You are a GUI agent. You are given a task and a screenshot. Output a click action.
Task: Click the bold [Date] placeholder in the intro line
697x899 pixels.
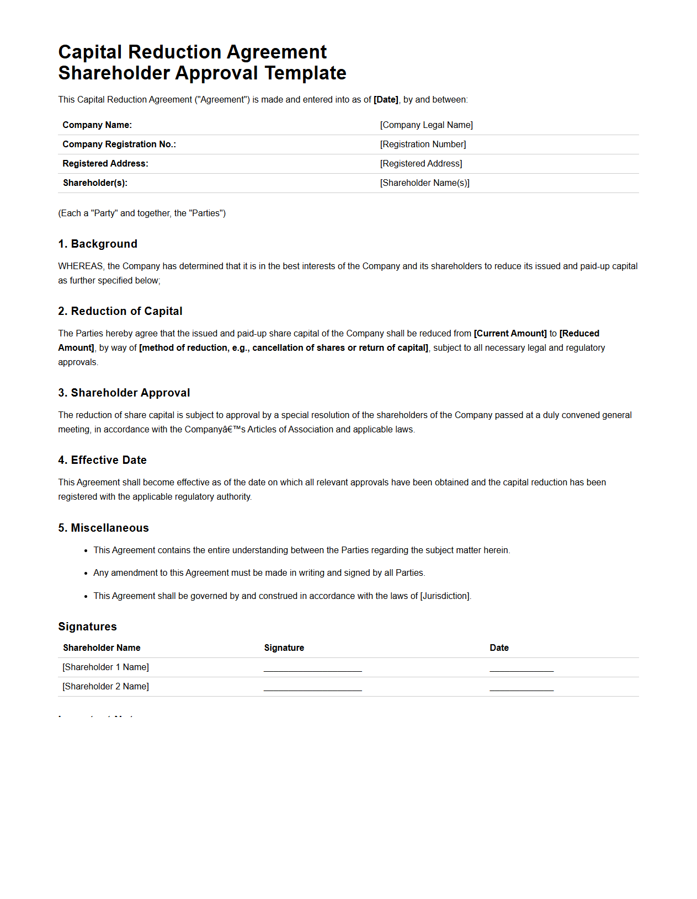click(x=386, y=100)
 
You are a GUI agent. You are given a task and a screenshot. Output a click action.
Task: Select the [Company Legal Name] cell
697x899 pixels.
click(x=426, y=125)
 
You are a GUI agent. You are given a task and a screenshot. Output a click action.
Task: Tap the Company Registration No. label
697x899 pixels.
click(x=119, y=145)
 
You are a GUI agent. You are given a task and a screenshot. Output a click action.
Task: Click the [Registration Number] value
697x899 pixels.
click(x=423, y=145)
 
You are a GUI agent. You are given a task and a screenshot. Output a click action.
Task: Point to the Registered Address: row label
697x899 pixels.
click(x=105, y=164)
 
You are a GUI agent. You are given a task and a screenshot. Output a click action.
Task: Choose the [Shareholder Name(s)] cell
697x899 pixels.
click(x=424, y=183)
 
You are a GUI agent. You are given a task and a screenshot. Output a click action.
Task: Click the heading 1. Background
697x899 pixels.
click(x=98, y=244)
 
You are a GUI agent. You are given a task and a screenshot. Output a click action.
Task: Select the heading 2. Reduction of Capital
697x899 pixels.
click(x=120, y=311)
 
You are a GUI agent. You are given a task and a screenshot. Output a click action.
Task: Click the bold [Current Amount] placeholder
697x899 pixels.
click(x=510, y=334)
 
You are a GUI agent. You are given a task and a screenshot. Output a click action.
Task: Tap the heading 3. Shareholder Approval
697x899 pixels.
click(x=124, y=393)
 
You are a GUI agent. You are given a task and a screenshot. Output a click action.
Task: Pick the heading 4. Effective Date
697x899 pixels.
click(x=103, y=460)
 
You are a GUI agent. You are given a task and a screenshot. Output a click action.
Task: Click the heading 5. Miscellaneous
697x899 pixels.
click(x=104, y=528)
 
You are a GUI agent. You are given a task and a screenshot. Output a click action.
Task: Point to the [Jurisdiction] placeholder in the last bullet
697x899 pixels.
click(x=445, y=596)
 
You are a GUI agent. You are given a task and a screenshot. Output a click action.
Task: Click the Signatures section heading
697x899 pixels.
click(x=88, y=627)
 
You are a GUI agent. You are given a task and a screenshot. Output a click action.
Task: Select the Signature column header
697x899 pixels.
click(x=284, y=648)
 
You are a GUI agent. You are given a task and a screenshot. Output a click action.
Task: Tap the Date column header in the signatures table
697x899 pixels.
click(x=499, y=648)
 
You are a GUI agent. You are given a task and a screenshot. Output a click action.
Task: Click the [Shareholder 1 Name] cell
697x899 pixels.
click(x=106, y=667)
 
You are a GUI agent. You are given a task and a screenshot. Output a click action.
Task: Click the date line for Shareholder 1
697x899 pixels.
click(x=521, y=670)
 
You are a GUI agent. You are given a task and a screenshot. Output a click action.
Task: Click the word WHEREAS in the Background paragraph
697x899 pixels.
click(x=81, y=266)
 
